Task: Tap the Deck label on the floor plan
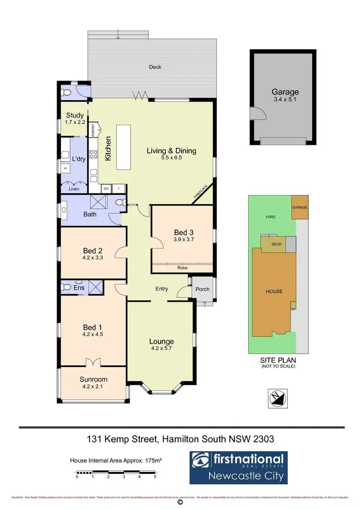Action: click(x=155, y=67)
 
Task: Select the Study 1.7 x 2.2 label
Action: click(x=75, y=118)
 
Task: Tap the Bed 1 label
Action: click(x=92, y=330)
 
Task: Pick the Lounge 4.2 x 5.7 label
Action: click(x=161, y=345)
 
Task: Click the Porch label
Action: click(x=202, y=289)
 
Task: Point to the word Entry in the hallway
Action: click(x=162, y=289)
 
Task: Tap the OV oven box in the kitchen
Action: click(x=106, y=189)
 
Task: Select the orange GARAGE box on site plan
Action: click(x=300, y=208)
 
